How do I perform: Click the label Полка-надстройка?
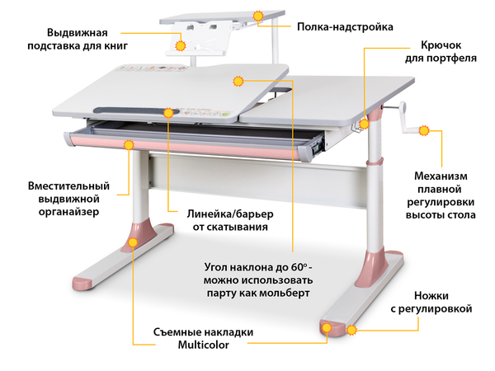point(332,26)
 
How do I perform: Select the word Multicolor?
point(203,345)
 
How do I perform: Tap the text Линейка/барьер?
point(224,214)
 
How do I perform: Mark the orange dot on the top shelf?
point(258,16)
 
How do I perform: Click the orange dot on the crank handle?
point(424,129)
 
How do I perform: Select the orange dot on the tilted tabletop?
point(238,81)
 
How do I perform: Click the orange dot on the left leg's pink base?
point(132,243)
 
